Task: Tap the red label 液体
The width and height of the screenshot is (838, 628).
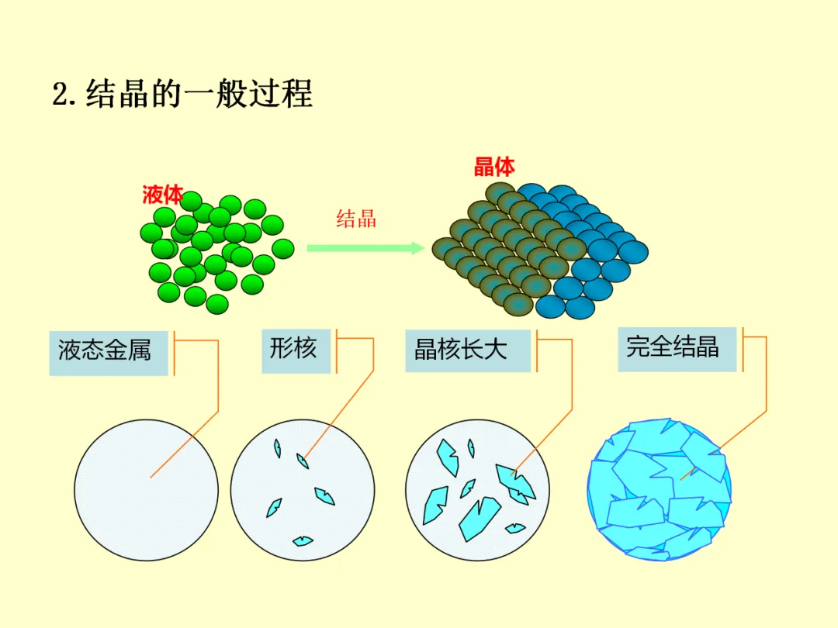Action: pos(162,195)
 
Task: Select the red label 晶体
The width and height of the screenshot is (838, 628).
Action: pos(494,167)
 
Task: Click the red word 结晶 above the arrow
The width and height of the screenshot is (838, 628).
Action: pos(356,218)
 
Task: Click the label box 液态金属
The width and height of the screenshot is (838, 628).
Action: pos(109,352)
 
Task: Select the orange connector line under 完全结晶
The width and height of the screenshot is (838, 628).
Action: pos(766,380)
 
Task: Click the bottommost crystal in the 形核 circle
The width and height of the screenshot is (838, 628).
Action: pos(302,540)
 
